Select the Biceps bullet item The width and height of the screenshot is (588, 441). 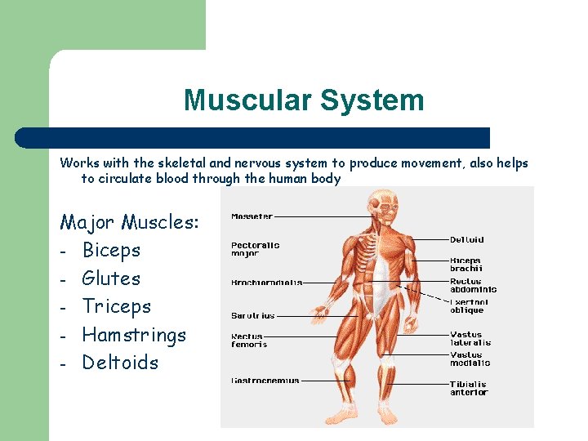point(111,250)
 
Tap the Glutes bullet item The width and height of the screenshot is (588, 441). point(111,278)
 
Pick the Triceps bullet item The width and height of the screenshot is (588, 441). point(117,306)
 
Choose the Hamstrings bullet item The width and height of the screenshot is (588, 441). point(134,335)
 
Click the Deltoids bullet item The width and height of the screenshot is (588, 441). point(120,363)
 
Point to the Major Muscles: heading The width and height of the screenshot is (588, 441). point(130,221)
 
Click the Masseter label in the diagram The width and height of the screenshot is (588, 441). point(252,217)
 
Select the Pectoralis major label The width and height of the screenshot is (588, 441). point(255,249)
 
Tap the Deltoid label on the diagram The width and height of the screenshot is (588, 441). point(467,240)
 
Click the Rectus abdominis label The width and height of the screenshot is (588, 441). point(473,285)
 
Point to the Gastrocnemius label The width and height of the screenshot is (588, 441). point(265,381)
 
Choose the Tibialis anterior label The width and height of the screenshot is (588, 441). point(469,388)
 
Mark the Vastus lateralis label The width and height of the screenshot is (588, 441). point(470,338)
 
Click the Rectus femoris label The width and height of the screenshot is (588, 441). point(249,340)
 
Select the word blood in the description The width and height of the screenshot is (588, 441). point(211,178)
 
